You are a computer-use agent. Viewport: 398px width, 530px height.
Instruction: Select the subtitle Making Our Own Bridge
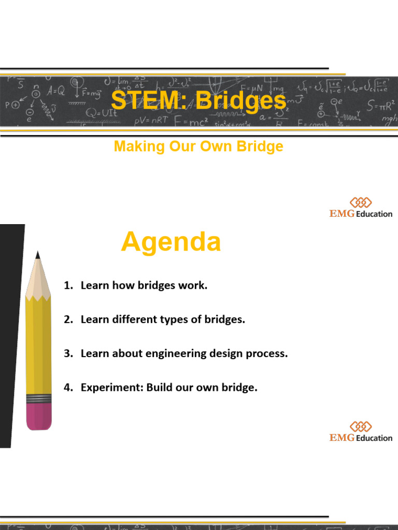tap(198, 146)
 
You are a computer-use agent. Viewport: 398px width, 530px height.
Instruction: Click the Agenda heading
tap(170, 242)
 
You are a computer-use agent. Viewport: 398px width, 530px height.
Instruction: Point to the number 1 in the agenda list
tap(67, 286)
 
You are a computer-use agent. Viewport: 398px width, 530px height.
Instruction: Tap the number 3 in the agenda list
tap(67, 354)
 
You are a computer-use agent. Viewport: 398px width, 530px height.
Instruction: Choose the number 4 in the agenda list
tap(67, 388)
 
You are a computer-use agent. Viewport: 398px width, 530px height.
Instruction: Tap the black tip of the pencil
tap(38, 255)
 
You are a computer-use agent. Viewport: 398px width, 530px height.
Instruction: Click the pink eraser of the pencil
tap(39, 417)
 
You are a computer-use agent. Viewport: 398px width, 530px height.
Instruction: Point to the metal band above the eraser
tap(39, 399)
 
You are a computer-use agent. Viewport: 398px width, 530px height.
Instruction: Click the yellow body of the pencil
tap(38, 347)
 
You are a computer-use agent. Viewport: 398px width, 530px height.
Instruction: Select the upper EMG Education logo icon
tap(361, 202)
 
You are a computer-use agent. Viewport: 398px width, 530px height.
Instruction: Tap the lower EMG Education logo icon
tap(361, 426)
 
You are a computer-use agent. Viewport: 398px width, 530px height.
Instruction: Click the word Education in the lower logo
tap(374, 438)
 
